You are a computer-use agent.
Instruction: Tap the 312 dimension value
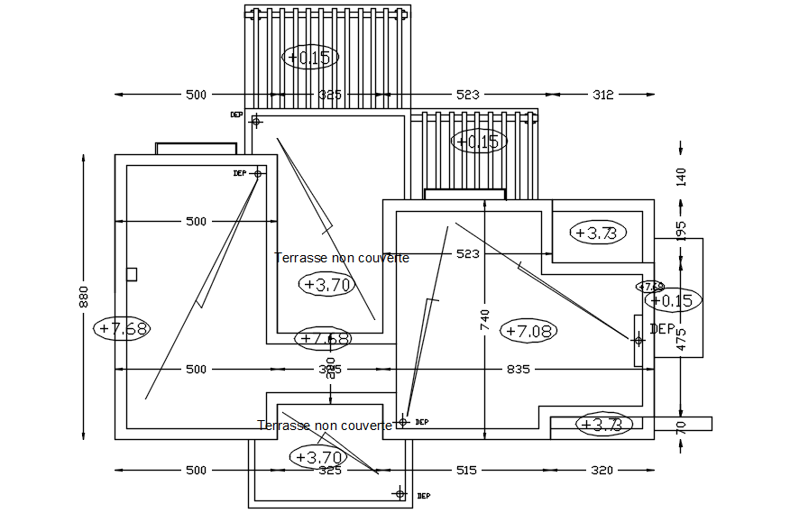click(602, 94)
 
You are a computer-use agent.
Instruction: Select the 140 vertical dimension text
click(681, 178)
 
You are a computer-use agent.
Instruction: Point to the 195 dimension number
click(681, 230)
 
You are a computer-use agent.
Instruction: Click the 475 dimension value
click(681, 339)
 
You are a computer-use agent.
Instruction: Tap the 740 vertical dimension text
click(485, 324)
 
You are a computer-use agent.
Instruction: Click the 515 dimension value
click(465, 470)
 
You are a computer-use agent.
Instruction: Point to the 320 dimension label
click(602, 470)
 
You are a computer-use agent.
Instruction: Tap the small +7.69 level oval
click(651, 287)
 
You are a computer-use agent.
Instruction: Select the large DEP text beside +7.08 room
click(663, 328)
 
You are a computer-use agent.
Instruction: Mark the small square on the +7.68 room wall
click(131, 274)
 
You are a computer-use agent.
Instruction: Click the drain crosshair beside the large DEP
click(639, 340)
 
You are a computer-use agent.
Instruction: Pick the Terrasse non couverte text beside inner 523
click(342, 258)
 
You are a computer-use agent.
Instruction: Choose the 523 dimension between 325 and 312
click(467, 94)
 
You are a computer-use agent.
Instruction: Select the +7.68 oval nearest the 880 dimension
click(122, 328)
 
